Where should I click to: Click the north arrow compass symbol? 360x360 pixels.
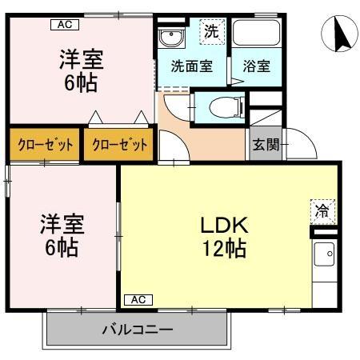(339, 34)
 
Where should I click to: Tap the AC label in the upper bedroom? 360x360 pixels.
(65, 25)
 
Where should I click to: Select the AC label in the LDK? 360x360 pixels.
(138, 300)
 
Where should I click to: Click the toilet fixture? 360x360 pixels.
(226, 108)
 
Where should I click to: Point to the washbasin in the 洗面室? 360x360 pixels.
(171, 38)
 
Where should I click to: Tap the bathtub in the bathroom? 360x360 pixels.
(257, 32)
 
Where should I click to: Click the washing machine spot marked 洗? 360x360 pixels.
(212, 31)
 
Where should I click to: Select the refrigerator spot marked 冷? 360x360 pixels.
(322, 211)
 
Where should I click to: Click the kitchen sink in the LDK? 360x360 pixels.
(324, 254)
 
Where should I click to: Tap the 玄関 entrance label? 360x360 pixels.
(266, 144)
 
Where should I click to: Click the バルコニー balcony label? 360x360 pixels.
(138, 330)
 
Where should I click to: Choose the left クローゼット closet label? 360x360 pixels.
(45, 145)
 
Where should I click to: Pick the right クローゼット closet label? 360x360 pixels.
(119, 145)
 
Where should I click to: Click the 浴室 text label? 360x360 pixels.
(257, 66)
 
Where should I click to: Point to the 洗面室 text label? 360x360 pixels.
(192, 66)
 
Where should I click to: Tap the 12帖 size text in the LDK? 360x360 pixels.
(225, 248)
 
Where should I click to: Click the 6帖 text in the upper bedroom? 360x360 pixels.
(81, 82)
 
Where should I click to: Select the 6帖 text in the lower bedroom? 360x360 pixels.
(62, 248)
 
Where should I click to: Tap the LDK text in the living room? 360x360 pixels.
(225, 226)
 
